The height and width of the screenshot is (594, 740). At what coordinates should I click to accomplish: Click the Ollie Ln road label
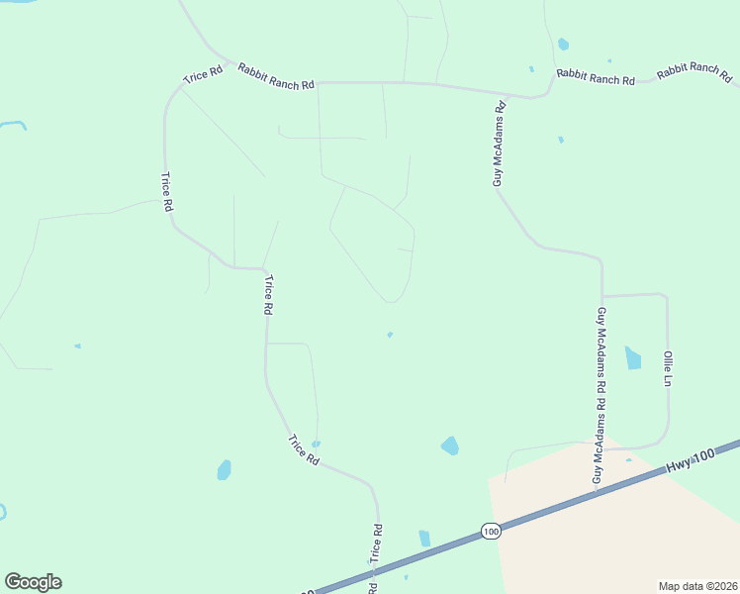click(669, 367)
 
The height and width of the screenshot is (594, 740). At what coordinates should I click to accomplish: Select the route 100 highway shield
click(492, 532)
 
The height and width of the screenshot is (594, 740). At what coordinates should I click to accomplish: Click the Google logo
click(33, 582)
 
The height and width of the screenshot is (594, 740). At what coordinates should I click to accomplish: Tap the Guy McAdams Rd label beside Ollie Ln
click(600, 395)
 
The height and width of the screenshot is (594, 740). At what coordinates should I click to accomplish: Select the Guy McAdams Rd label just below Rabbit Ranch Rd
click(500, 143)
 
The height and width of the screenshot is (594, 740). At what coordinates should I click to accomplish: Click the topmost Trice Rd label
click(203, 76)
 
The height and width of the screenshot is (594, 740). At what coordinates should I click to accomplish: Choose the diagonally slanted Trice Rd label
click(303, 450)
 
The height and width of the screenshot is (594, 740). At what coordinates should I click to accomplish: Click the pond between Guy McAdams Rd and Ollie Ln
click(633, 357)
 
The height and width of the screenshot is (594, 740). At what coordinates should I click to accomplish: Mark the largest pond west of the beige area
click(450, 445)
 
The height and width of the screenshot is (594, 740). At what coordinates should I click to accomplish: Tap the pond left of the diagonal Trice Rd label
click(225, 469)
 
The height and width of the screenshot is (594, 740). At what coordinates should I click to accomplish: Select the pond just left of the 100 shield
click(424, 539)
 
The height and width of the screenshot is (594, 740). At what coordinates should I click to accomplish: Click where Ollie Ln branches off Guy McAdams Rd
click(601, 296)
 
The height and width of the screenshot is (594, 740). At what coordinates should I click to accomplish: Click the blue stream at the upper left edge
click(13, 125)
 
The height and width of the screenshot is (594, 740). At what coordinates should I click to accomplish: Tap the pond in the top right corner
click(563, 44)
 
